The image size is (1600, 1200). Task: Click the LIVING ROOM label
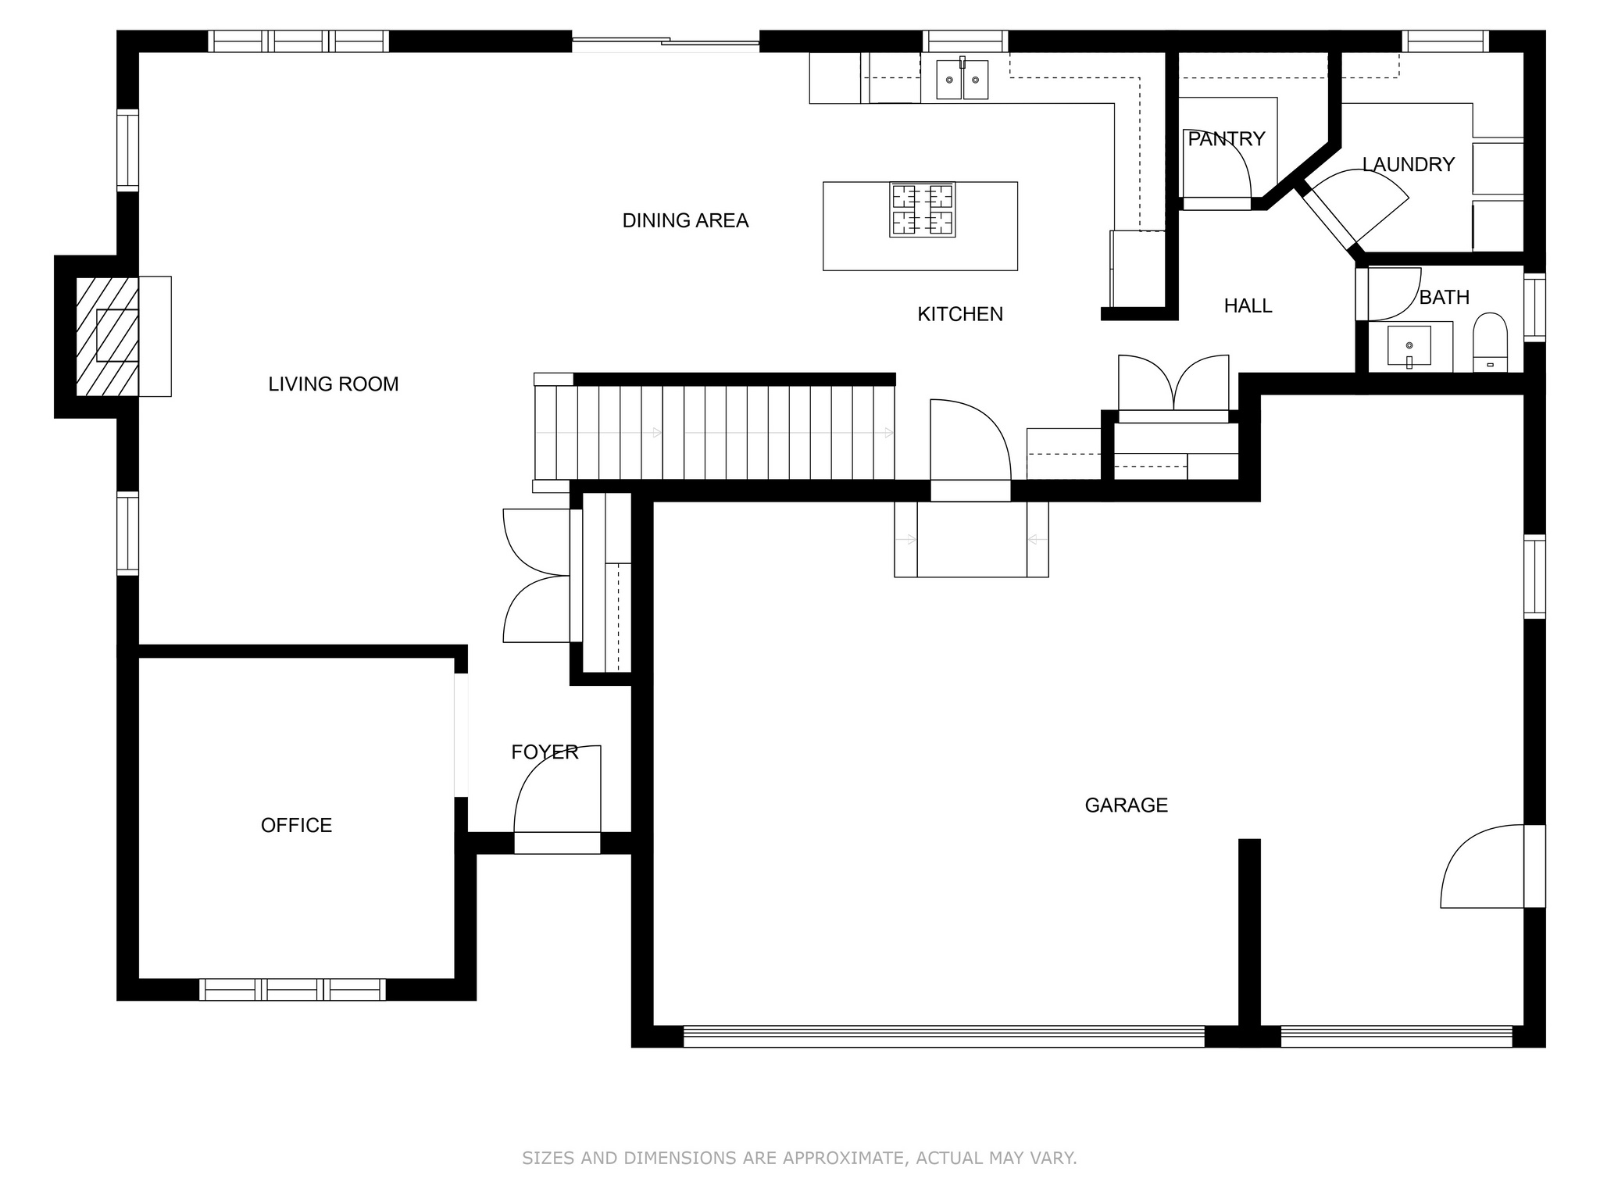click(334, 384)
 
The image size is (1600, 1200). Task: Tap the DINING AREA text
click(685, 221)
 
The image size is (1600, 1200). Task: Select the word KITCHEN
click(960, 314)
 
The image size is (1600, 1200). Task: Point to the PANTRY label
click(1226, 139)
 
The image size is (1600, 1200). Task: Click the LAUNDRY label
click(1409, 165)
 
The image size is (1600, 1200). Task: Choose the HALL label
click(1248, 306)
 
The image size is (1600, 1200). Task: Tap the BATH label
click(1445, 298)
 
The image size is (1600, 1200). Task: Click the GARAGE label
click(1127, 805)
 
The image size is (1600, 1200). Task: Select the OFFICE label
click(296, 826)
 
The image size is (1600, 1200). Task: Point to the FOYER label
click(545, 752)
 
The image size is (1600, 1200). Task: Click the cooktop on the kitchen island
click(923, 209)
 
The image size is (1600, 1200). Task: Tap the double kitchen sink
click(962, 79)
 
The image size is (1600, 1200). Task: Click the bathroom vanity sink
click(1409, 346)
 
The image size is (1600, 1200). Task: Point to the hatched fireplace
click(107, 336)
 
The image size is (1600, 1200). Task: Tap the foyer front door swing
click(557, 789)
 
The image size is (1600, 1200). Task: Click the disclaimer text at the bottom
click(799, 1158)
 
